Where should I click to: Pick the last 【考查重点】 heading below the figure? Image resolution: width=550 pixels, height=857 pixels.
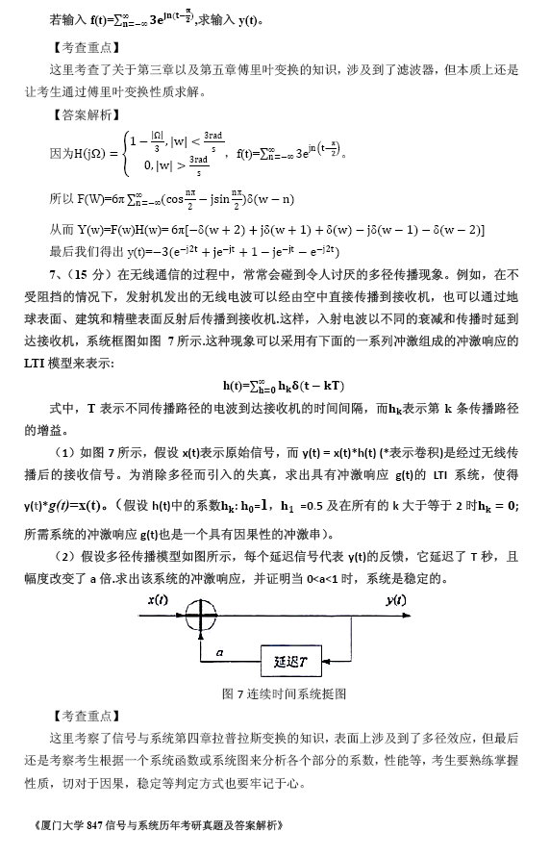tap(83, 715)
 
